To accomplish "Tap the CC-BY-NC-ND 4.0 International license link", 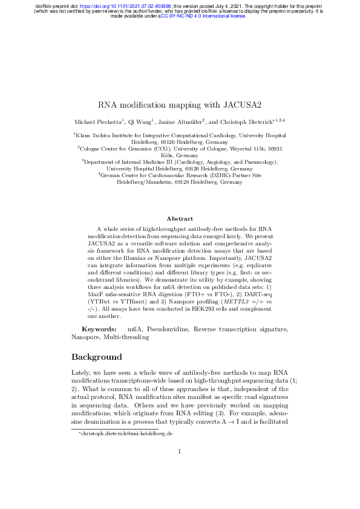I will pyautogui.click(x=203, y=16).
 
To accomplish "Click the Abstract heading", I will pyautogui.click(x=180, y=218).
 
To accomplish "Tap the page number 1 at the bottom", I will pyautogui.click(x=180, y=485).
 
